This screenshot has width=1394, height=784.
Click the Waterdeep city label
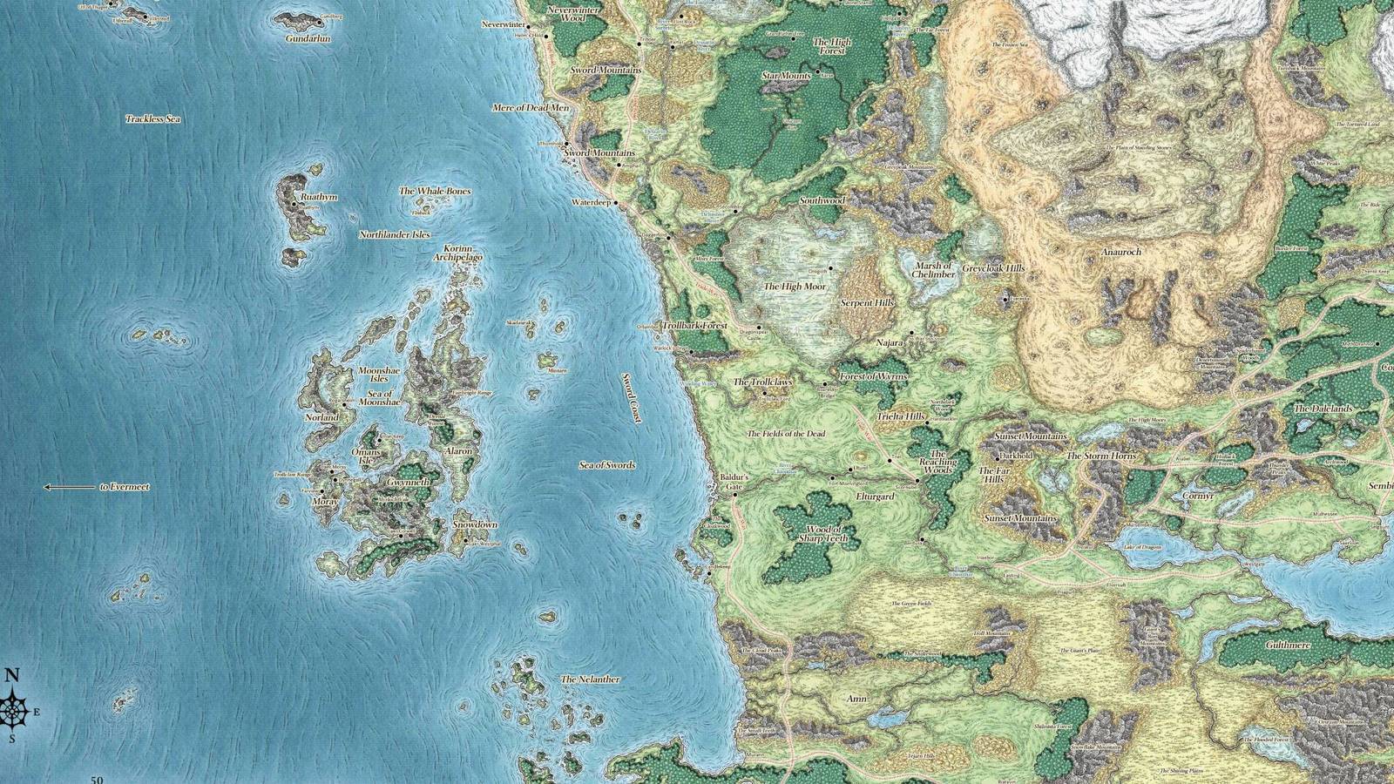(x=592, y=202)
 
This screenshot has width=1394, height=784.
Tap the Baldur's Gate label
(x=734, y=483)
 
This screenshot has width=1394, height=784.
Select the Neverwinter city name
(x=504, y=25)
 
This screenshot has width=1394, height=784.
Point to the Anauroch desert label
(x=1120, y=253)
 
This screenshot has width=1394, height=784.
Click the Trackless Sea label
(x=152, y=118)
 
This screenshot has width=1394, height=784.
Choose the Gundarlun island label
(x=308, y=39)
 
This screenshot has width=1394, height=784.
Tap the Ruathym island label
(x=318, y=198)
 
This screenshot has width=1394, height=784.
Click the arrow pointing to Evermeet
(x=69, y=487)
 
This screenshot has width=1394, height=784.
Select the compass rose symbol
(x=13, y=711)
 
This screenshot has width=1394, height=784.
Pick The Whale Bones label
(x=435, y=192)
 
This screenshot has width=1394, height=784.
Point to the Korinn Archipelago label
(x=457, y=253)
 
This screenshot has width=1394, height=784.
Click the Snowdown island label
(x=475, y=525)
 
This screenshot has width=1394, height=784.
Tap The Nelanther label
(x=591, y=679)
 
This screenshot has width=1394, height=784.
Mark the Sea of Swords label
(x=607, y=465)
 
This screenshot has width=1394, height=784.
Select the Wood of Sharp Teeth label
(x=823, y=534)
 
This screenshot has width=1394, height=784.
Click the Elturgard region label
(x=875, y=497)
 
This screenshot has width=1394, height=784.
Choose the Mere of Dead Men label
(x=531, y=108)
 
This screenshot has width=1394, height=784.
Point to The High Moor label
(x=795, y=287)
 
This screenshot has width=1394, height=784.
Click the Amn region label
(x=856, y=699)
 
